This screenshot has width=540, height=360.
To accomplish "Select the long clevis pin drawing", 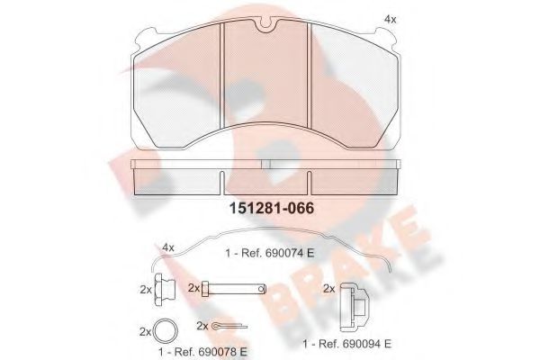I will (x=235, y=288).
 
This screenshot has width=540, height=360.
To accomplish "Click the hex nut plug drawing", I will (x=163, y=289).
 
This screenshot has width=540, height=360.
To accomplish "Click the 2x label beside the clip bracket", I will (x=328, y=288).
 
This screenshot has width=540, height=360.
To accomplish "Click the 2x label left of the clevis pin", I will (x=193, y=288).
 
